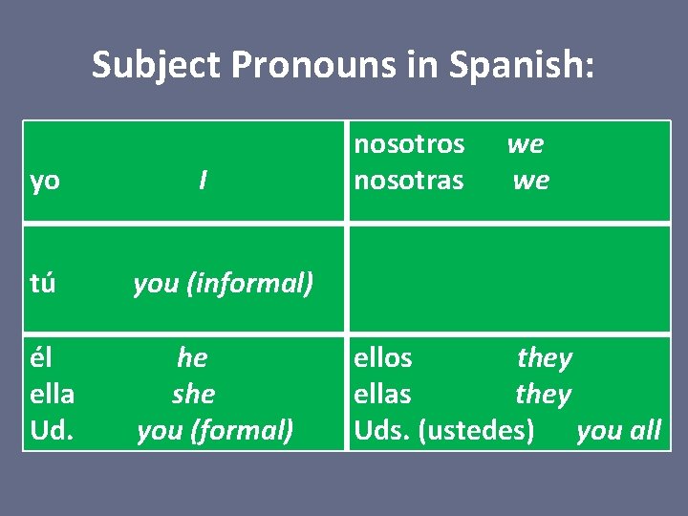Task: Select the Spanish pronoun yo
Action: click(x=45, y=181)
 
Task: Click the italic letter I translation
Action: click(x=203, y=181)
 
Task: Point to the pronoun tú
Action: click(x=43, y=283)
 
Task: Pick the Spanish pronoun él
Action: click(x=41, y=357)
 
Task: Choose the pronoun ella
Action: click(x=53, y=394)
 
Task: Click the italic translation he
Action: click(x=192, y=357)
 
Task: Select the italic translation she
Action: click(x=194, y=394)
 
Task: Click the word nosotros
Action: click(x=409, y=144)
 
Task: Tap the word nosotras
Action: click(x=409, y=181)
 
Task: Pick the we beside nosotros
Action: click(x=525, y=144)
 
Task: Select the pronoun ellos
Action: click(x=383, y=357)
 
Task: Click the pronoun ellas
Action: click(x=383, y=394)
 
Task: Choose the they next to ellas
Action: click(x=543, y=394)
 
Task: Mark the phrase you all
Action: click(x=618, y=431)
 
